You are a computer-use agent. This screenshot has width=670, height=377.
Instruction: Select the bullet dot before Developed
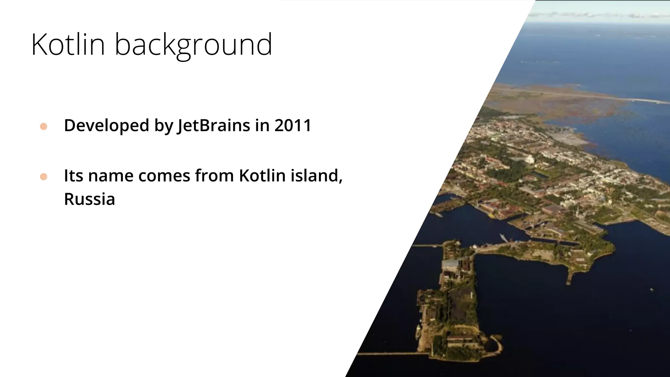click(44, 127)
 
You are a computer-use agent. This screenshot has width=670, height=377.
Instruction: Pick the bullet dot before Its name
click(44, 177)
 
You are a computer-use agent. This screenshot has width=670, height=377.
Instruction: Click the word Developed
click(106, 126)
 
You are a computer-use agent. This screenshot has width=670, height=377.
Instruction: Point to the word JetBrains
click(213, 126)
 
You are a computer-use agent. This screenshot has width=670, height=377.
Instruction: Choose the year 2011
click(293, 125)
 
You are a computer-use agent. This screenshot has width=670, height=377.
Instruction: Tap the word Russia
click(89, 199)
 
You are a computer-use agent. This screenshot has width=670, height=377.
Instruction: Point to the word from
click(214, 176)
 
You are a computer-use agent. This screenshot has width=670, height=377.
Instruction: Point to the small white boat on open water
click(651, 289)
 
